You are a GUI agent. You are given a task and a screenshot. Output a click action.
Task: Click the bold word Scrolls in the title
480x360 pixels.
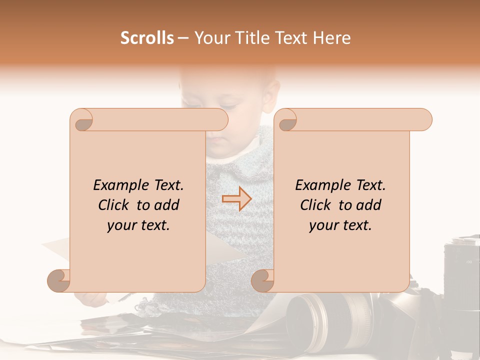click(x=147, y=38)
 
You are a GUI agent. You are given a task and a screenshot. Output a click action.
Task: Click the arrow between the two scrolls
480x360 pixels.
click(x=236, y=199)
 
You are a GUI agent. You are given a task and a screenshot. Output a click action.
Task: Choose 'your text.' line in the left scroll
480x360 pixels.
click(x=138, y=225)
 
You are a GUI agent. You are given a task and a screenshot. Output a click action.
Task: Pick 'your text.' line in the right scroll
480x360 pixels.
click(x=340, y=225)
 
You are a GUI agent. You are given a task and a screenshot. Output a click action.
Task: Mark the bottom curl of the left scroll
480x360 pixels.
click(x=59, y=280)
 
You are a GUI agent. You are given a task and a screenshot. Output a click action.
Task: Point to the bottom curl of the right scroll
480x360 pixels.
click(x=263, y=280)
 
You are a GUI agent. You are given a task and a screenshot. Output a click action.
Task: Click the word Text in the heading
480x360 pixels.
click(x=291, y=38)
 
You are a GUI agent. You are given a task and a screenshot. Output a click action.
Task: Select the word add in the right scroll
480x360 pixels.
click(x=369, y=205)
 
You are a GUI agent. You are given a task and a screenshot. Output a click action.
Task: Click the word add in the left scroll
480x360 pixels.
click(x=167, y=205)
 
